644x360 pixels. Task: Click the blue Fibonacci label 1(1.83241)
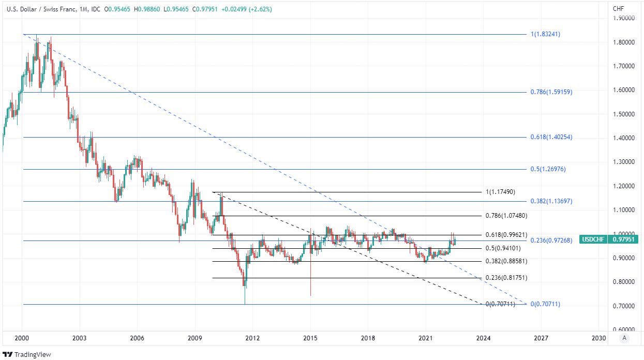545,34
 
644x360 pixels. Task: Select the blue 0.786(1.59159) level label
551,92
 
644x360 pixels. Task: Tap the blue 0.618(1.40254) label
551,137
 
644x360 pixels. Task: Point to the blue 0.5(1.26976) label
548,169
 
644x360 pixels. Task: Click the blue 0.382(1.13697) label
551,201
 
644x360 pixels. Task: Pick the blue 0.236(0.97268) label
551,241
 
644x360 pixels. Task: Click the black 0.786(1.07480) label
506,215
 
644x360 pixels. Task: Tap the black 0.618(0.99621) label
506,235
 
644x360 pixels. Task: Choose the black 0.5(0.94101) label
503,248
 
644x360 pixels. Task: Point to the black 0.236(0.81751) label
506,278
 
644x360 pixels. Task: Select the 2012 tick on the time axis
252,338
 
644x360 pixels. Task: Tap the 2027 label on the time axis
541,338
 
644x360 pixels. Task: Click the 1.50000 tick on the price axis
623,114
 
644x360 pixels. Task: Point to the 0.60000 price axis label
623,329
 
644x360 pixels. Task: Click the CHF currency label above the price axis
618,9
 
